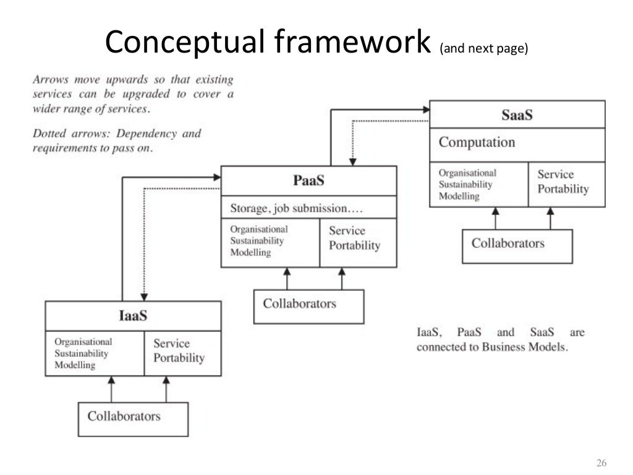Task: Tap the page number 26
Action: point(601,463)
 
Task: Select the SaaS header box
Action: point(517,115)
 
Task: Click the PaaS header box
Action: point(308,181)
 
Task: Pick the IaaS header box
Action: point(133,316)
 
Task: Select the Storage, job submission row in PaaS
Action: point(308,208)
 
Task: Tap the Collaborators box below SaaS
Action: point(517,246)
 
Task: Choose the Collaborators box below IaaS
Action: point(133,419)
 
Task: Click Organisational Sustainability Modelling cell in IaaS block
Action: point(95,353)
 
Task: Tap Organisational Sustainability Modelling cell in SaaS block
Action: point(478,184)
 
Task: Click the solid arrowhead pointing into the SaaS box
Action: point(425,109)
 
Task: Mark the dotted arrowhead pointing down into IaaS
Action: point(143,296)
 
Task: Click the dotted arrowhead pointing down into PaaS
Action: point(352,161)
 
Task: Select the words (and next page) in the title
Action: point(483,50)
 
